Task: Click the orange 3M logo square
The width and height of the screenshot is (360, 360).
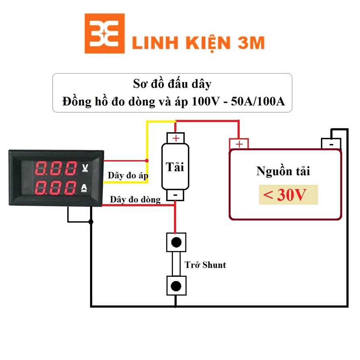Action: [104, 33]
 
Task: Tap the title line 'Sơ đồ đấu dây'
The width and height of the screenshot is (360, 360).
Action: [172, 84]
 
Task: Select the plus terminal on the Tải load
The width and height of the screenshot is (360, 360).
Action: [176, 138]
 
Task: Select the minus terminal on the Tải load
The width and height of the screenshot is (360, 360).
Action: [176, 195]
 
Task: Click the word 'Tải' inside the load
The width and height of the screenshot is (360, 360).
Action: [175, 166]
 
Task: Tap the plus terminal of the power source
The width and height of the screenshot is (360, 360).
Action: [239, 144]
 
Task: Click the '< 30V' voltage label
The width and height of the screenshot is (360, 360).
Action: [288, 195]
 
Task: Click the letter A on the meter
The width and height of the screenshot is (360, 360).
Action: [85, 187]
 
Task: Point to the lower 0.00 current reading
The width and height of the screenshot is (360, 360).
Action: [56, 187]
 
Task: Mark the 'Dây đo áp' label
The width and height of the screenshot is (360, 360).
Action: [128, 176]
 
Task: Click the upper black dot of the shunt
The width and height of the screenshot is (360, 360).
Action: [176, 242]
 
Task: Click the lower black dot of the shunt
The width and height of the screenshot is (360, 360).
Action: [176, 286]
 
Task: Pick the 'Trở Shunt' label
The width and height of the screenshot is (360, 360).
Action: [205, 265]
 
